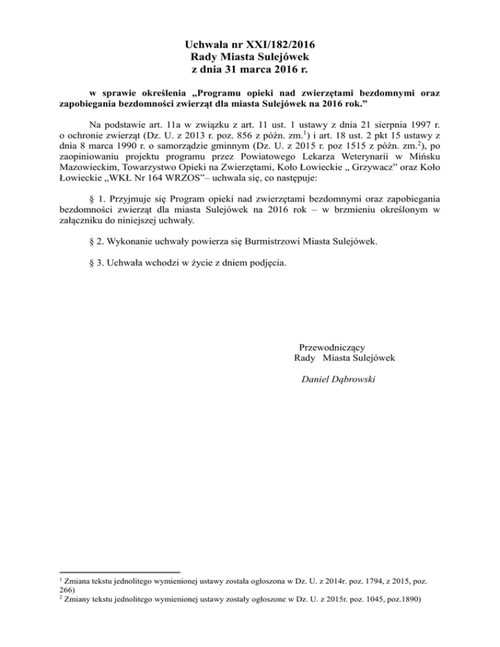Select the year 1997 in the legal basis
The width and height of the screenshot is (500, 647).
coord(413,124)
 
